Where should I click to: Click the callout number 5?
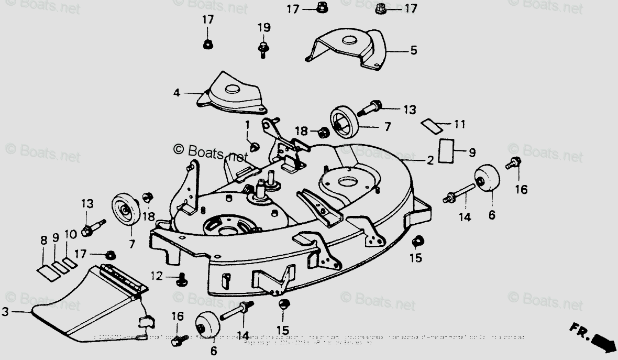(413, 51)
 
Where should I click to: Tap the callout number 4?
(177, 93)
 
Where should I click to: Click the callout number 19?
(263, 27)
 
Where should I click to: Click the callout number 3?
(5, 312)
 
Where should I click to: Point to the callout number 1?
(247, 125)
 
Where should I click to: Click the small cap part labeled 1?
(254, 146)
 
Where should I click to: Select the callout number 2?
(429, 160)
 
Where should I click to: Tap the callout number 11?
(459, 125)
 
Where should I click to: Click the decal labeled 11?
(432, 125)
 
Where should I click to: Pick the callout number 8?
(43, 241)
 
